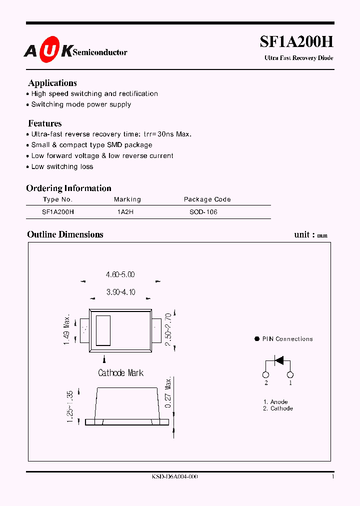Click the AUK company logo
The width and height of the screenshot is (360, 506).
point(48,52)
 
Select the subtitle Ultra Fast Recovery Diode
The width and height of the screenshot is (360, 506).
point(298,58)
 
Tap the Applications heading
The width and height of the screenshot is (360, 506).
point(52,83)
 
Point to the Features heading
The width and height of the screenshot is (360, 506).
point(45,123)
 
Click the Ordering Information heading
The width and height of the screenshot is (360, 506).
point(68,188)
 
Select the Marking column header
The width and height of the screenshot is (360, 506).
point(127,199)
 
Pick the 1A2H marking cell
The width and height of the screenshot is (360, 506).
point(125,212)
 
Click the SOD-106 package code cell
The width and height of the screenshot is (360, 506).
point(203,212)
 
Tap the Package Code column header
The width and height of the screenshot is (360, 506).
point(207,199)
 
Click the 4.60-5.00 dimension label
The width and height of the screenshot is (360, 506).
point(120,274)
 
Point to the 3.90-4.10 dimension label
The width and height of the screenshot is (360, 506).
point(120,292)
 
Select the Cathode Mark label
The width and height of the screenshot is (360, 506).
point(120,373)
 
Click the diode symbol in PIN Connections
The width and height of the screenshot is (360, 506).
point(278,359)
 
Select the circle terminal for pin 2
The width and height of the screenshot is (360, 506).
point(266,375)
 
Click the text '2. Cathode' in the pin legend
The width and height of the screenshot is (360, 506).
point(278,408)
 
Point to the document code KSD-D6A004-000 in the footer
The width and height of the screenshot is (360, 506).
point(174,477)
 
